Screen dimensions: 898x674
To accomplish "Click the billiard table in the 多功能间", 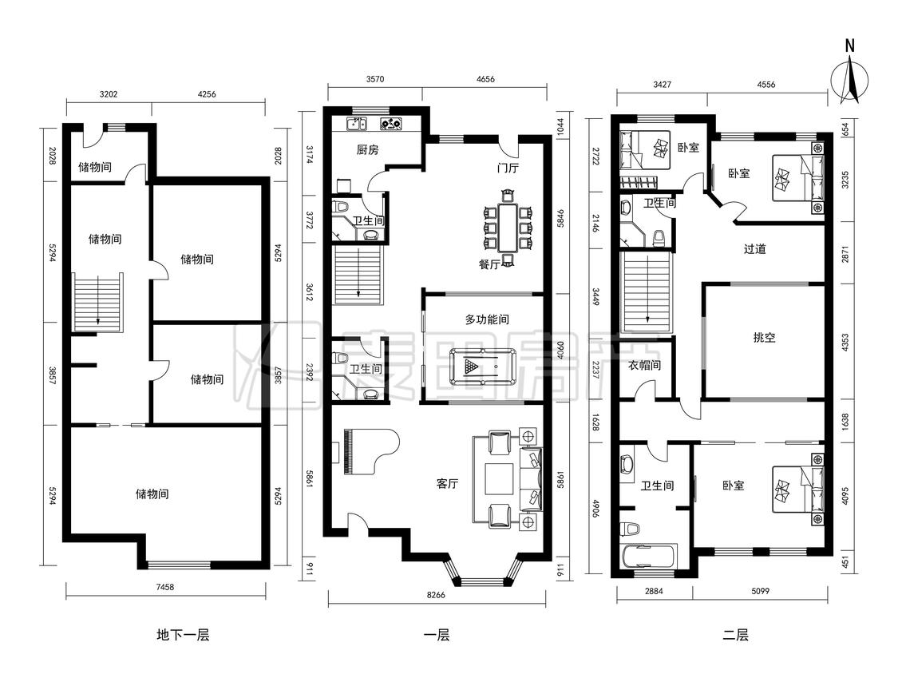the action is click(482, 367).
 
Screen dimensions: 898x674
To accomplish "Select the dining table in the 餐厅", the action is click(508, 228).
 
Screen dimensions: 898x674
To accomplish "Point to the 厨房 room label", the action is click(367, 150).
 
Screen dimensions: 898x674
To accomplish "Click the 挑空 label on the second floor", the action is click(764, 338).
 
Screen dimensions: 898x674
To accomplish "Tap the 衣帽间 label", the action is click(645, 365).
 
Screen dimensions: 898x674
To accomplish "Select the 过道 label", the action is click(755, 248).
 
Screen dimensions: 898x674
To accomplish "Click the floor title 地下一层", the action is click(184, 634).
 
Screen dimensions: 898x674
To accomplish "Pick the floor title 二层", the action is click(735, 634).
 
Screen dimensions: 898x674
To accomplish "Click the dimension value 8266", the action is click(436, 595).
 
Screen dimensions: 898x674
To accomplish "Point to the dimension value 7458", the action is click(164, 587).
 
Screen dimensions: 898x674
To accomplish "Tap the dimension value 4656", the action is click(485, 79).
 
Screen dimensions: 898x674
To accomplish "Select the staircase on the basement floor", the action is click(98, 302).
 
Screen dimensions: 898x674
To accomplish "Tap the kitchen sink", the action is click(357, 123).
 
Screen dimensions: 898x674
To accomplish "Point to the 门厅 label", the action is click(508, 168).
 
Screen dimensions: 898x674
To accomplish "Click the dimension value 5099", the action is click(760, 591).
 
